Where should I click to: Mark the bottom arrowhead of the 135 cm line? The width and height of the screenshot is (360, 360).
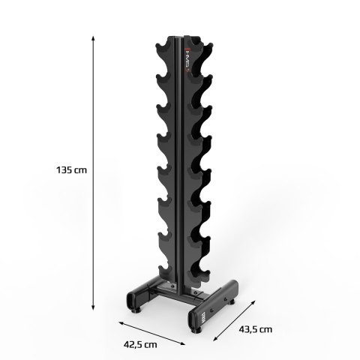click(93, 306)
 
